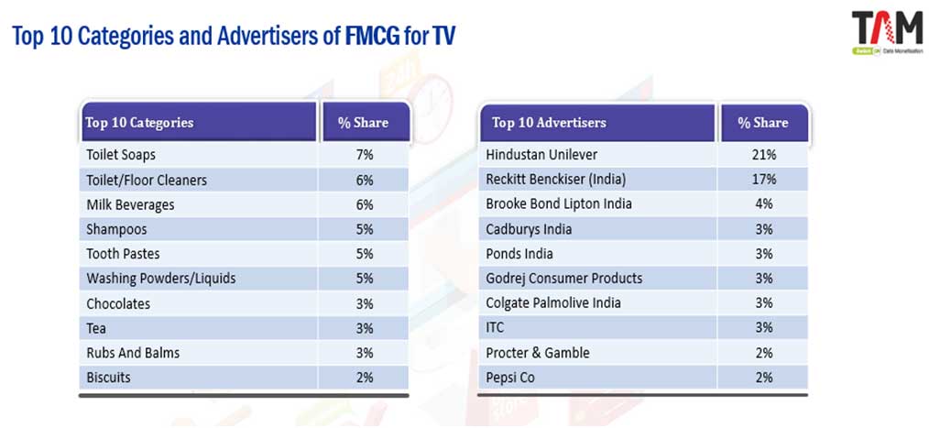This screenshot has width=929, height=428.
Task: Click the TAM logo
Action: (x=886, y=31)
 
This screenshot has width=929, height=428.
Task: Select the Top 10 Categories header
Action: (x=139, y=123)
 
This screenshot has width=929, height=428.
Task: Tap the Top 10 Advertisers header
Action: (x=549, y=123)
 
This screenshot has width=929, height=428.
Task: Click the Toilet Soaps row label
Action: (x=121, y=155)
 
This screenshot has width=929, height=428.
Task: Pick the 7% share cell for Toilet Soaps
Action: (x=364, y=155)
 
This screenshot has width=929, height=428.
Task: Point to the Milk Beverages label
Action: (x=130, y=204)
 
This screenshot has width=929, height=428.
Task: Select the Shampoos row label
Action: (x=116, y=229)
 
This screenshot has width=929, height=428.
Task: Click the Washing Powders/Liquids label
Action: (x=161, y=279)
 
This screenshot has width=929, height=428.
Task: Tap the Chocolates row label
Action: (x=118, y=303)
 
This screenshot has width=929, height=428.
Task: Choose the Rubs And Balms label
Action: (x=133, y=353)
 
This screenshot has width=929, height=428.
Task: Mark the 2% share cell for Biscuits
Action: (x=364, y=378)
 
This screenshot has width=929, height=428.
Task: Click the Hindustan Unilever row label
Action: (x=541, y=155)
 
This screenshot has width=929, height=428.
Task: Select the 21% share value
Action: (x=763, y=155)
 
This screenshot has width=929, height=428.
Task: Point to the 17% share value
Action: (x=763, y=180)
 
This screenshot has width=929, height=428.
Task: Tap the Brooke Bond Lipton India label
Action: (x=559, y=204)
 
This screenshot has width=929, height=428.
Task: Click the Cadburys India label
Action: (x=529, y=229)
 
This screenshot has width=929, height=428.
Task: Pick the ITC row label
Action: (x=495, y=328)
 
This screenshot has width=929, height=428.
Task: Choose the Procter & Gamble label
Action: (x=538, y=353)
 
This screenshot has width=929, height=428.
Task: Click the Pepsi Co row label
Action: (x=510, y=378)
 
